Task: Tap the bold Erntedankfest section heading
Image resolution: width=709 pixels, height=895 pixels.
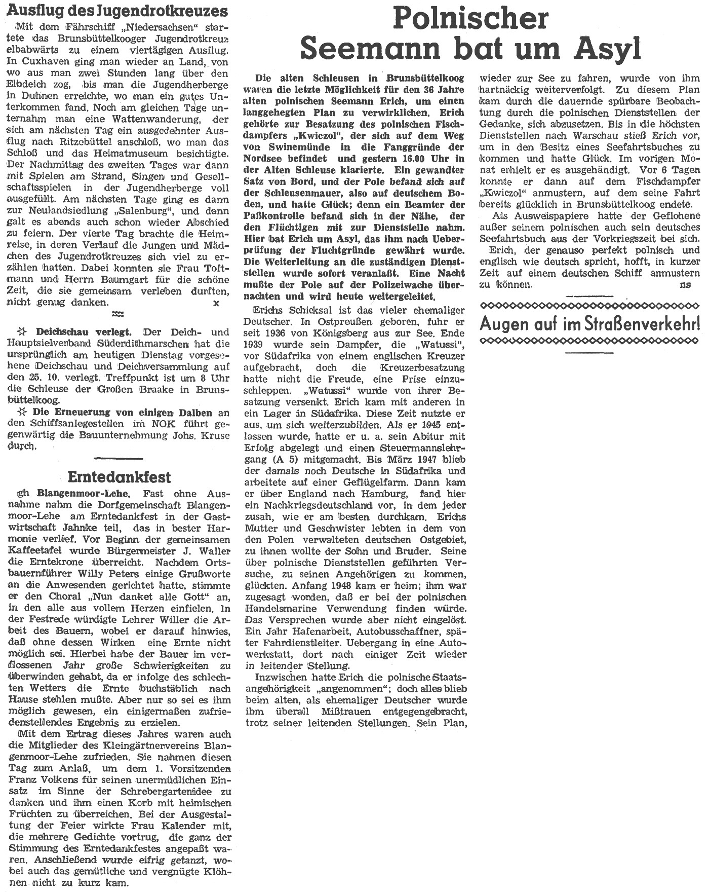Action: tap(120, 477)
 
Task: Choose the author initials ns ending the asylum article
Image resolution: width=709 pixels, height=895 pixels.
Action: tap(686, 285)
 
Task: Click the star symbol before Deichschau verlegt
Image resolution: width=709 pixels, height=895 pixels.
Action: tap(21, 332)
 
